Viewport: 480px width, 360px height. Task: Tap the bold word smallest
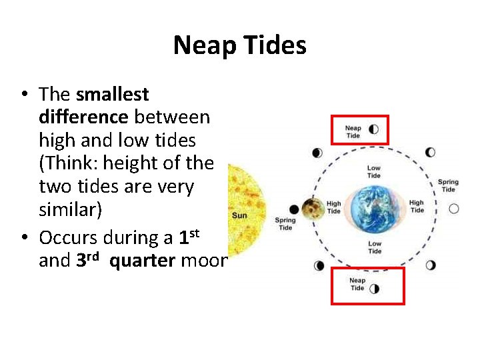click(113, 94)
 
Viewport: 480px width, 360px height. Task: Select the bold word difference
click(83, 117)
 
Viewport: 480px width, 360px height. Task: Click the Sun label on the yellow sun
click(239, 215)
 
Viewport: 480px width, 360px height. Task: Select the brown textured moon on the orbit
click(310, 209)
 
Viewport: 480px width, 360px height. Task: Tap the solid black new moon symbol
click(294, 209)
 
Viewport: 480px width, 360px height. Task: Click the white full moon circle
click(454, 209)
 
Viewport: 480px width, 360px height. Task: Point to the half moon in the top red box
click(373, 129)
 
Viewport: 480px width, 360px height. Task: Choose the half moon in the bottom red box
click(374, 288)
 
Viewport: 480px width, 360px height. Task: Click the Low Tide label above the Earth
click(374, 172)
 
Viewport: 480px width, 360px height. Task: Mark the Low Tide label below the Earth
click(375, 247)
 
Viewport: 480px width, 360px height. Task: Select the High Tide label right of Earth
click(417, 207)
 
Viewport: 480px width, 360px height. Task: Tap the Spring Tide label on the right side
click(448, 185)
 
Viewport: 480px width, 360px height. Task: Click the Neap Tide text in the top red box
click(353, 132)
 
